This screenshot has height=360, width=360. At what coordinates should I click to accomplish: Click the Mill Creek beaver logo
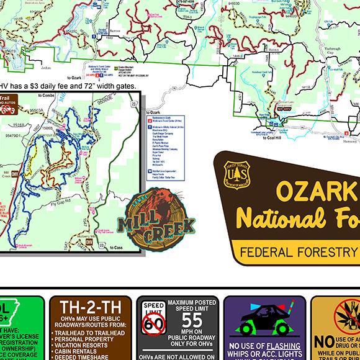pos(160,221)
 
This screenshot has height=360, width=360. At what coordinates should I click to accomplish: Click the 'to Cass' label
pos(116,248)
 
